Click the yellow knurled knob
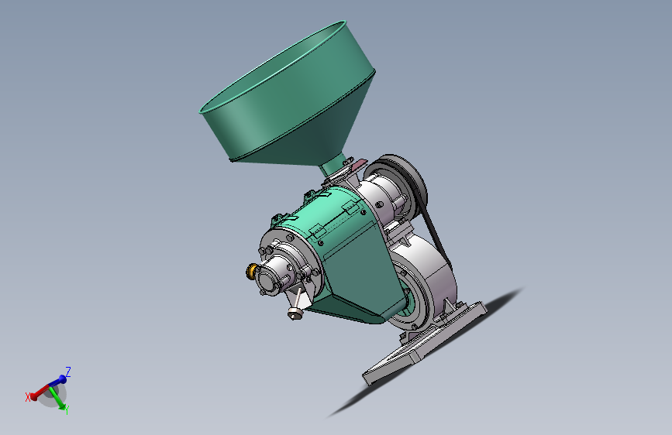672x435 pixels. tap(250, 271)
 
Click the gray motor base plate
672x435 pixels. tap(424, 343)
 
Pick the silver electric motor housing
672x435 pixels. tap(424, 279)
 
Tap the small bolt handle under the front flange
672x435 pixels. tap(296, 305)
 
